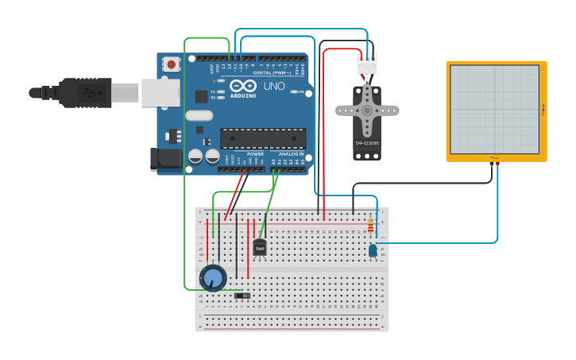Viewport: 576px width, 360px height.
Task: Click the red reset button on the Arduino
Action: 171,64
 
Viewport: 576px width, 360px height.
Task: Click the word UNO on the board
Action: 273,86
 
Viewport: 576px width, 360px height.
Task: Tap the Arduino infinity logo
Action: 243,85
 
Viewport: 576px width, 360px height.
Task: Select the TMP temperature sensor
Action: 260,248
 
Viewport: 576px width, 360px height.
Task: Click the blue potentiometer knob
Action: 213,278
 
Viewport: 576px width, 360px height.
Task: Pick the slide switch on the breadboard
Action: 243,296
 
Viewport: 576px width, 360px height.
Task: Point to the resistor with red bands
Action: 370,226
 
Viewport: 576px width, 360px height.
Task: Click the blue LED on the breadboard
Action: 373,251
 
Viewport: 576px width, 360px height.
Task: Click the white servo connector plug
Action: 367,64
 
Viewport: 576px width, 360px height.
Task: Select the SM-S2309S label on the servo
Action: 366,143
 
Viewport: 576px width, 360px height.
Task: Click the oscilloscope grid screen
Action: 495,109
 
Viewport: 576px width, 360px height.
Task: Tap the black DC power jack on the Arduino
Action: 168,158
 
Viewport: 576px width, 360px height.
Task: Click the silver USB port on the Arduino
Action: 160,92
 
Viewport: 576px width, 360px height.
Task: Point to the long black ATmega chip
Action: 263,138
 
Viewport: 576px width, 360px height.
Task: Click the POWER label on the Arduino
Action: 255,154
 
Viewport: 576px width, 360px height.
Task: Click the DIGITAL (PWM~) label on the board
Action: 271,72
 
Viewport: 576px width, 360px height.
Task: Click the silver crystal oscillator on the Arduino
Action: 199,116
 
